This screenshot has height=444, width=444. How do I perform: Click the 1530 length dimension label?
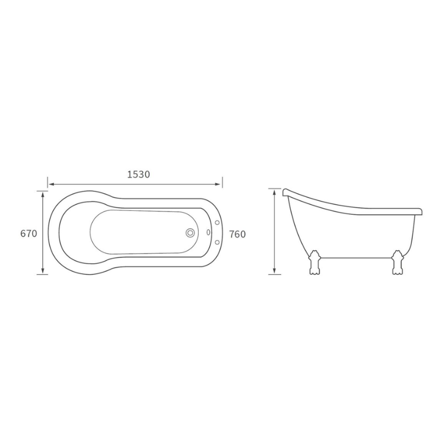138,174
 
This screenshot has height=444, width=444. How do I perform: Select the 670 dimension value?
29,234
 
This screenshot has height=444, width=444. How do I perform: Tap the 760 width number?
238,234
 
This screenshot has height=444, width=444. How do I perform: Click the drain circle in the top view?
190,233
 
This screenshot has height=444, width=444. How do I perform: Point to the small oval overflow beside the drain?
209,232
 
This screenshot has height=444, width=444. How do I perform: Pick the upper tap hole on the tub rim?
218,223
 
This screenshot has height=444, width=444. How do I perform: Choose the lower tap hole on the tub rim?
218,242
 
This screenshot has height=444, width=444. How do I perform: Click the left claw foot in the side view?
314,263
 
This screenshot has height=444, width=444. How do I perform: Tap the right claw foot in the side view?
397,263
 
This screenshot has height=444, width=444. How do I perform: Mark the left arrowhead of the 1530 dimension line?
51,184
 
